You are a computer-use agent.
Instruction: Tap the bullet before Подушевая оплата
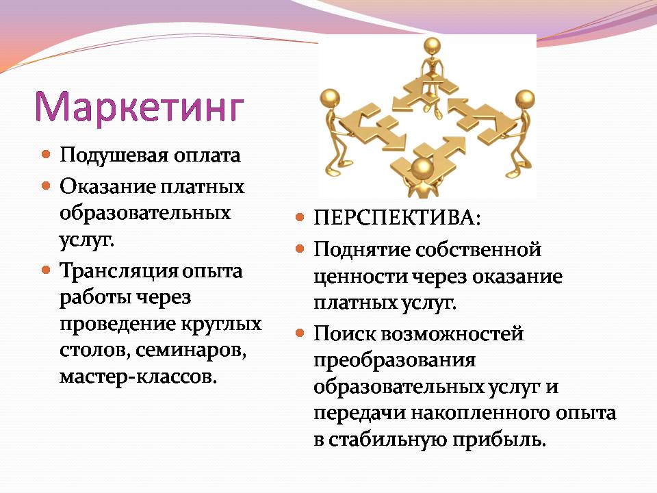pos(46,154)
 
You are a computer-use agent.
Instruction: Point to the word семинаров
pos(191,350)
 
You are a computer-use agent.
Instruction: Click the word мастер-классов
pos(138,377)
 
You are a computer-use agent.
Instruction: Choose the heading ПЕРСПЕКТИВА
pos(397,218)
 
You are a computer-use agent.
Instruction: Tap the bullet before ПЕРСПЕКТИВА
pos(300,217)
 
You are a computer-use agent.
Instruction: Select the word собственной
pos(478,251)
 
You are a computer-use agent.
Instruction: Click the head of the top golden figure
pos(432,46)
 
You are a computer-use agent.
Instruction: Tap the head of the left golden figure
pos(330,98)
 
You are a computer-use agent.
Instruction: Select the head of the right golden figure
pos(525,99)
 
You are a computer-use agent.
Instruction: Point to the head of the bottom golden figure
pos(422,168)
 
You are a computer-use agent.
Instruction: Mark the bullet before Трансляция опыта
pos(46,270)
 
